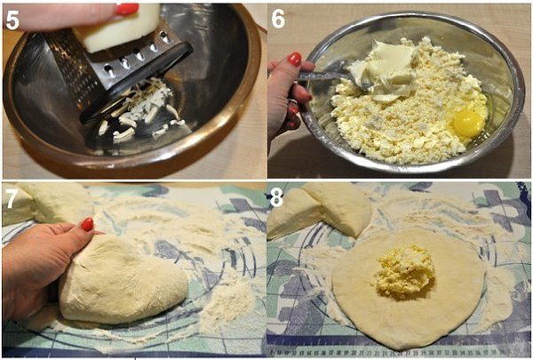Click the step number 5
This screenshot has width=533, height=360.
12,20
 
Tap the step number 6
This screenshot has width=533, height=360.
278,19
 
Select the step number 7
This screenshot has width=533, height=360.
11,199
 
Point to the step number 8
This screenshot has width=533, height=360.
276,197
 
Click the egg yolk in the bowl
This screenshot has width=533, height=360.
469,123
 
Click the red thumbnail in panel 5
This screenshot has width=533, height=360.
127,9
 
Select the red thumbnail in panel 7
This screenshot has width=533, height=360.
87,225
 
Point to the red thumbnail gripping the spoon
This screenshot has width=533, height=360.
295,59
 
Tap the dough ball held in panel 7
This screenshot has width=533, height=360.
123,280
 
